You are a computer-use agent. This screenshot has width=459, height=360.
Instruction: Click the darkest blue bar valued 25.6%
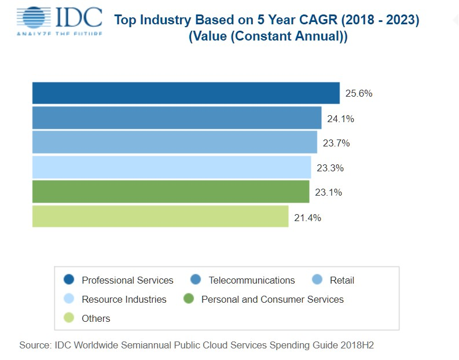pyautogui.click(x=185, y=93)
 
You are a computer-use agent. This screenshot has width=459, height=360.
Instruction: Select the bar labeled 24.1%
pyautogui.click(x=177, y=118)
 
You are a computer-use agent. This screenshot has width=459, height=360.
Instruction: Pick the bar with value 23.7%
pyautogui.click(x=174, y=142)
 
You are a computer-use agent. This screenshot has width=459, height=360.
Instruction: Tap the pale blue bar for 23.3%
pyautogui.click(x=171, y=167)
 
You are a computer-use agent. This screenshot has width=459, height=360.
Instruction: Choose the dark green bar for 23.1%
pyautogui.click(x=171, y=192)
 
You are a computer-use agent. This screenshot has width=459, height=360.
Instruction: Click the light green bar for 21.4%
pyautogui.click(x=160, y=216)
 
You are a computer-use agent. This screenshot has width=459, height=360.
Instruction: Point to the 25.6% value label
pyautogui.click(x=359, y=94)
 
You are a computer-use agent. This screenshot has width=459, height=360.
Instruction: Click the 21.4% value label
pyautogui.click(x=307, y=218)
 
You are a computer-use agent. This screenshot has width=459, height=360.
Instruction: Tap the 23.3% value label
pyautogui.click(x=331, y=168)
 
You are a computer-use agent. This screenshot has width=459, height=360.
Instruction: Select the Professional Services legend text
pyautogui.click(x=127, y=280)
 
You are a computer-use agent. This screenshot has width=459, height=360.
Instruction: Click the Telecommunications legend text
pyautogui.click(x=252, y=280)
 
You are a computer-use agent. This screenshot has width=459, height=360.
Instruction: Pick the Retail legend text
pyautogui.click(x=342, y=280)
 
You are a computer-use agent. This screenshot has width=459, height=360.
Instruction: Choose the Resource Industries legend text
pyautogui.click(x=124, y=299)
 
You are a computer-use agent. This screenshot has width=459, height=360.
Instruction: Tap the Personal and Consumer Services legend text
pyautogui.click(x=272, y=299)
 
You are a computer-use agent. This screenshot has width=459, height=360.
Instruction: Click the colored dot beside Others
pyautogui.click(x=69, y=318)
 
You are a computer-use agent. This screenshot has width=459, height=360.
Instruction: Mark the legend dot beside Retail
pyautogui.click(x=317, y=280)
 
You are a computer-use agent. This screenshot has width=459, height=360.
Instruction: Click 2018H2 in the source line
pyautogui.click(x=361, y=345)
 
